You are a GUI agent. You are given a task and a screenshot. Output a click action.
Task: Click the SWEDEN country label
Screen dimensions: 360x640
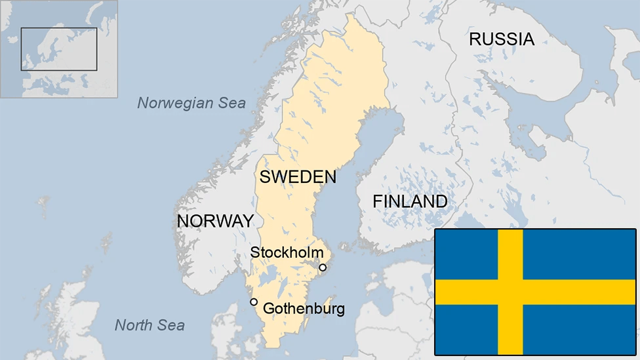298,176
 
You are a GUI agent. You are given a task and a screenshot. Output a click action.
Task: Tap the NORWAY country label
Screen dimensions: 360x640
215,221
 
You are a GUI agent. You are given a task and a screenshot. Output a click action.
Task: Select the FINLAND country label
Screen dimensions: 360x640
410,201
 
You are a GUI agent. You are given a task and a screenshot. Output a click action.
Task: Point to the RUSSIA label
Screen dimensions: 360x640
502,39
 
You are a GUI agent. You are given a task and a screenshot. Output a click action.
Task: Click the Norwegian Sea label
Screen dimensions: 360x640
191,103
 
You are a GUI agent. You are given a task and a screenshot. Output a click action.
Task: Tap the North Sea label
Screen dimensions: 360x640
150,325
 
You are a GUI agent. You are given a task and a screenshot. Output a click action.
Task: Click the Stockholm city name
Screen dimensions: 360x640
287,252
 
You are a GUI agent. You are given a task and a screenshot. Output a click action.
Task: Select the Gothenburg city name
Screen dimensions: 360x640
303,309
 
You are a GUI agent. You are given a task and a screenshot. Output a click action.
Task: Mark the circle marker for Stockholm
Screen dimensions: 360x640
323,268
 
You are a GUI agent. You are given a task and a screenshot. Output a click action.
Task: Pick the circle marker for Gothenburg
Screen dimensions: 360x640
254,302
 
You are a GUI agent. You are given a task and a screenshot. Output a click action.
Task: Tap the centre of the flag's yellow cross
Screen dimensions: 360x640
510,292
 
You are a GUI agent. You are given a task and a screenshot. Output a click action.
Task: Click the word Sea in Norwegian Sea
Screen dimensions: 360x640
233,103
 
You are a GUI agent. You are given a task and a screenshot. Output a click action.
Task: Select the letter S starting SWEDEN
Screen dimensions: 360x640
265,176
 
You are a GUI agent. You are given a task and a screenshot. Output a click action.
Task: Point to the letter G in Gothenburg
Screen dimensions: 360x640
268,309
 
